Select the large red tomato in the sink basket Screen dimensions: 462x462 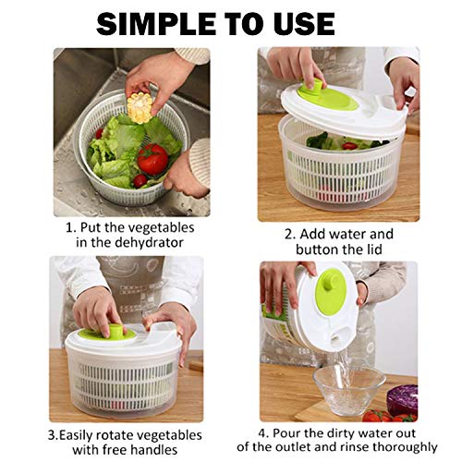152,159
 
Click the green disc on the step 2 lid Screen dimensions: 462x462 333,94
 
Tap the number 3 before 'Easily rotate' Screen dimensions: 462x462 52,434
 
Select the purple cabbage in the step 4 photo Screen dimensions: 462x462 402,399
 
